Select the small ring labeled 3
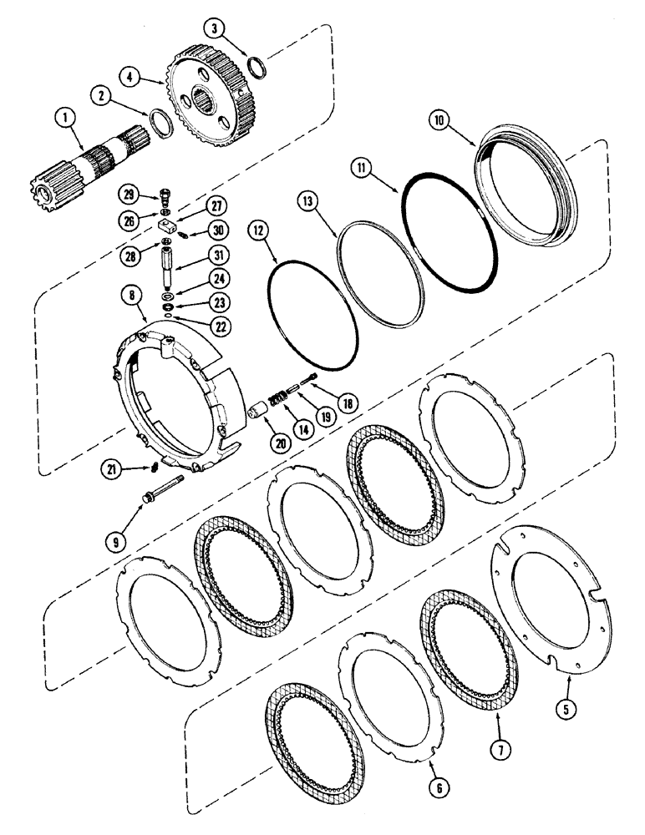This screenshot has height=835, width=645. point(257,64)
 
